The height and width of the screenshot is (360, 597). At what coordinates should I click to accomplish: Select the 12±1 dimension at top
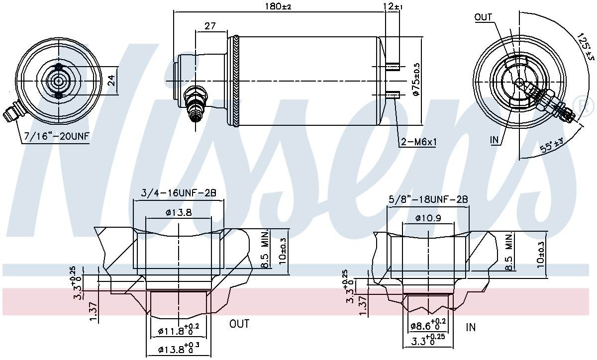[393, 6]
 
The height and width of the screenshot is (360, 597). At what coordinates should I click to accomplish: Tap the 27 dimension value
[209, 26]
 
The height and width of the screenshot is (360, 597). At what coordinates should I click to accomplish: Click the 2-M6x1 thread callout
[418, 143]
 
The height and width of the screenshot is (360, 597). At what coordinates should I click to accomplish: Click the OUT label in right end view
[483, 17]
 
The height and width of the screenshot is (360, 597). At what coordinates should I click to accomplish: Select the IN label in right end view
[495, 141]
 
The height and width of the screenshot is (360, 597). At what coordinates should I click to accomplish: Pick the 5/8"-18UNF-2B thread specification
[428, 199]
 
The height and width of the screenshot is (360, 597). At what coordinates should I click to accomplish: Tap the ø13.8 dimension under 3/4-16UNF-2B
[178, 212]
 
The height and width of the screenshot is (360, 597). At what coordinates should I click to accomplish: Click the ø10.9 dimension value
[427, 218]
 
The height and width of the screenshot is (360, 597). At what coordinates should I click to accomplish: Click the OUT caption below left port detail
[239, 324]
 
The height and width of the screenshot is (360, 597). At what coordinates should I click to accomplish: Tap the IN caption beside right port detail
[471, 327]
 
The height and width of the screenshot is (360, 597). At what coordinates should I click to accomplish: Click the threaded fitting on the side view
[195, 103]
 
